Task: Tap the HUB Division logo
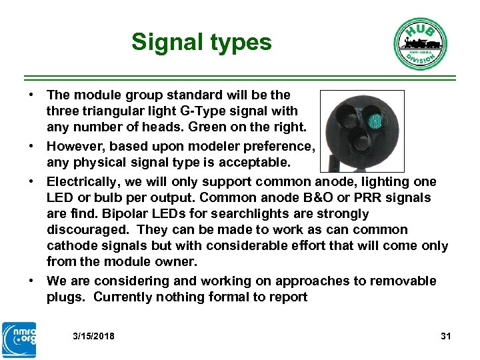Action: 419,43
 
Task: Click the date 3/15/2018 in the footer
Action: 93,336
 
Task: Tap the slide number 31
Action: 446,336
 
